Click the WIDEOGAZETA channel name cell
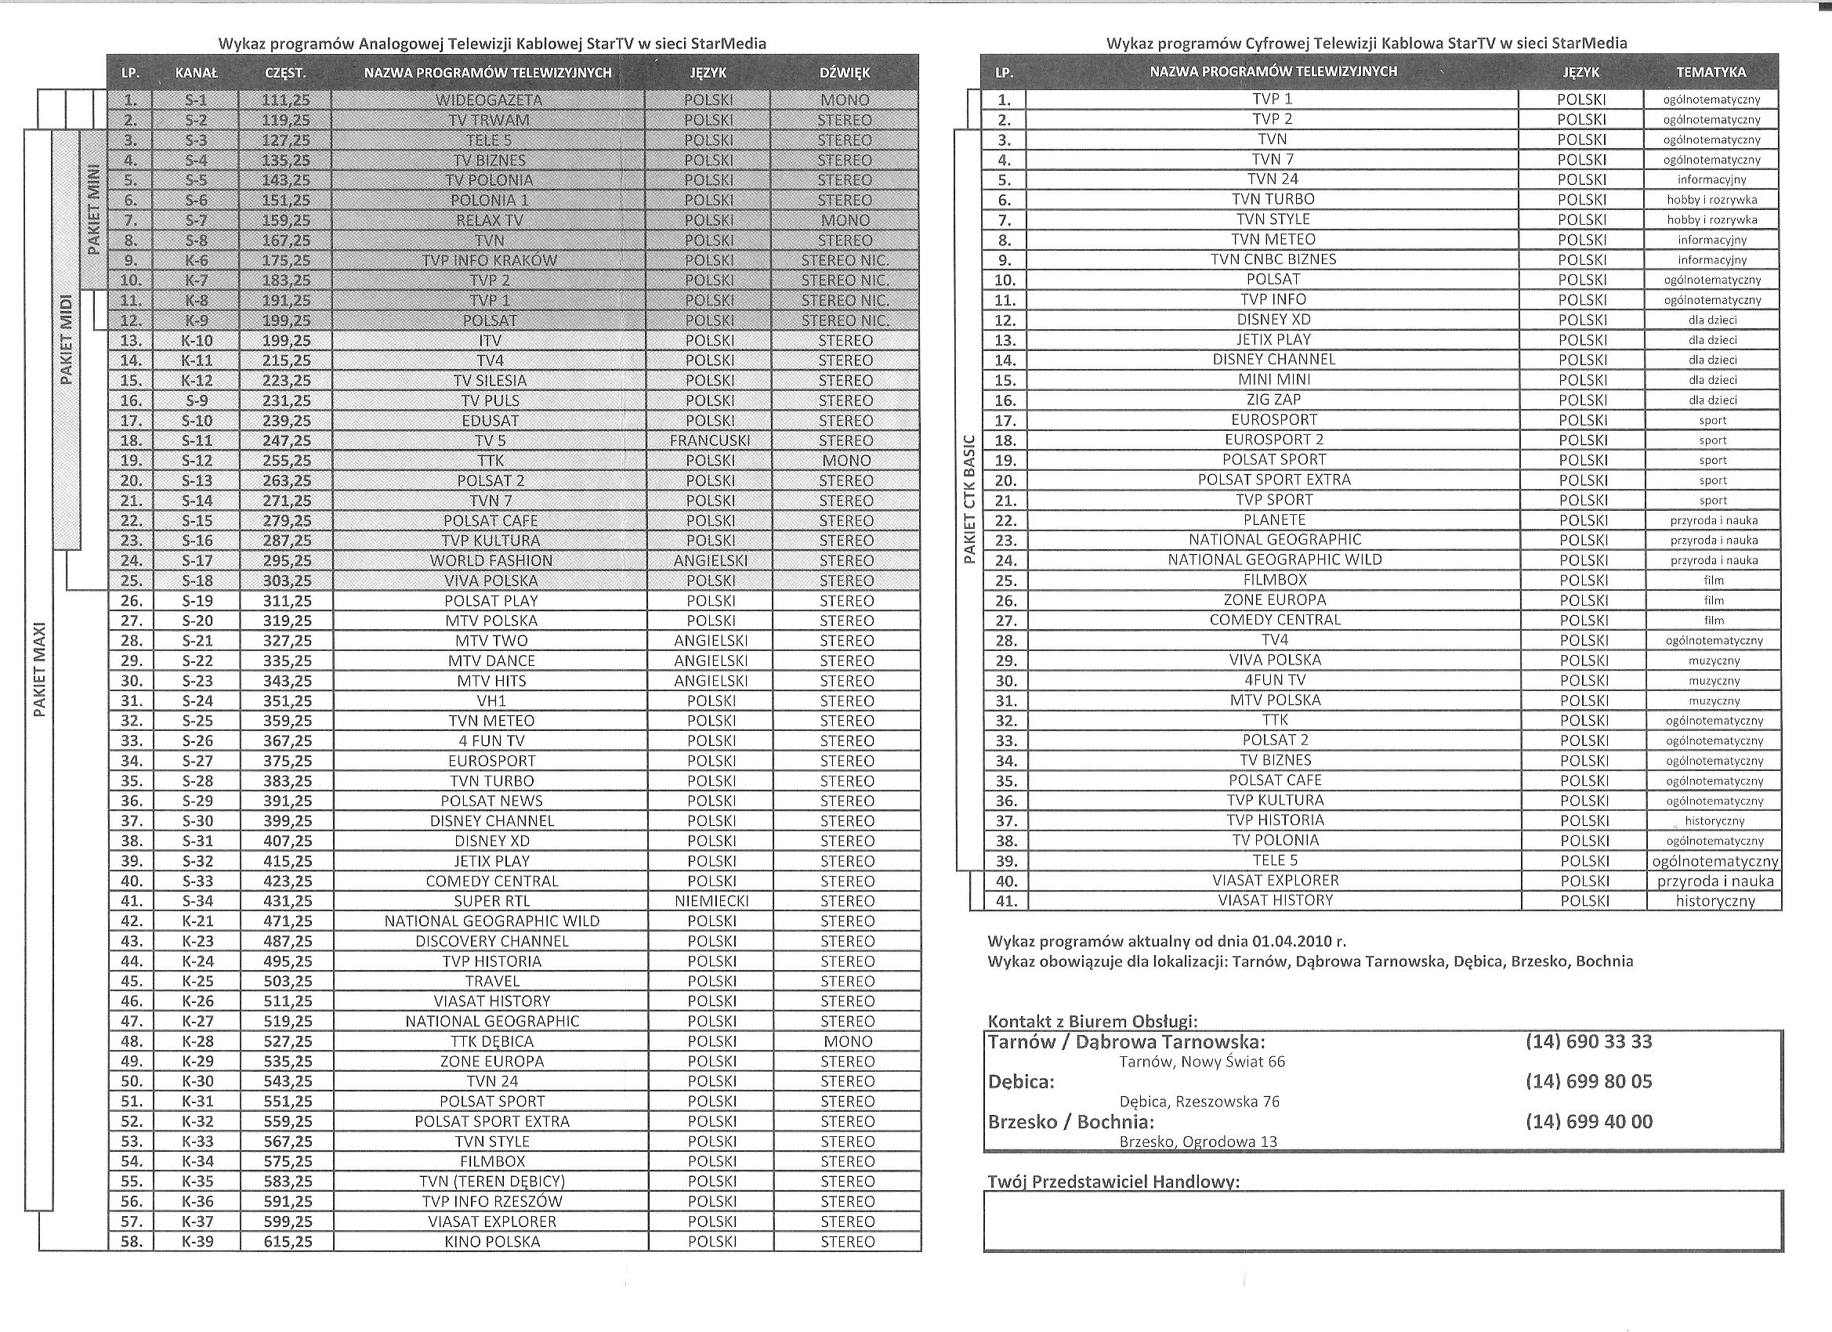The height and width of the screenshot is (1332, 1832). tap(489, 100)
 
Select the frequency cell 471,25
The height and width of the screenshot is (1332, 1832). tap(288, 921)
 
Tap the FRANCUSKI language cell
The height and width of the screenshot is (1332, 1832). tap(709, 440)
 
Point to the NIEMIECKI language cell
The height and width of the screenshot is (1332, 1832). tap(711, 900)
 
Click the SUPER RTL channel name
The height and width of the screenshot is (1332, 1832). tap(492, 900)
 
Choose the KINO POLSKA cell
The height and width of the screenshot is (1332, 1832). tap(492, 1242)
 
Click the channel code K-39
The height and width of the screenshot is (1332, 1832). tap(197, 1242)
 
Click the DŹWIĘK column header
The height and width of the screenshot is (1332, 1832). tap(844, 73)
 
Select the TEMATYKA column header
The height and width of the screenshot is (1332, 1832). tap(1711, 72)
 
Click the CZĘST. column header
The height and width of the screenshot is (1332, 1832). tap(285, 73)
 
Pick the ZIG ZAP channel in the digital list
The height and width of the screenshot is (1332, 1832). tap(1273, 399)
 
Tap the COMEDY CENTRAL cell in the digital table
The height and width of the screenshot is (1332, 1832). tap(1275, 620)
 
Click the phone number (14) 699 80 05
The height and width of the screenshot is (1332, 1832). tap(1588, 1080)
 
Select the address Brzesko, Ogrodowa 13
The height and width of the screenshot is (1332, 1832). tap(1198, 1142)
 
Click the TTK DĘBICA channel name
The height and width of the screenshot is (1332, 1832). tap(492, 1041)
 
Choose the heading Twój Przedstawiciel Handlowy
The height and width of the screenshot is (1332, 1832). tap(1113, 1182)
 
